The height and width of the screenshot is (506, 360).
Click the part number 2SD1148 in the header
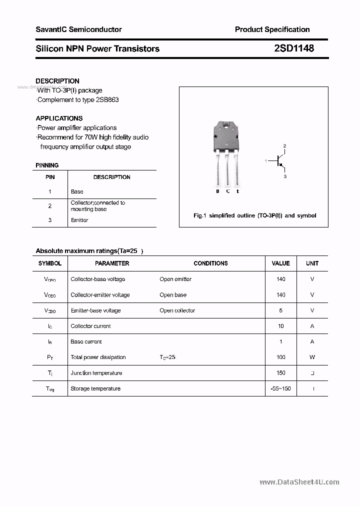pyautogui.click(x=294, y=48)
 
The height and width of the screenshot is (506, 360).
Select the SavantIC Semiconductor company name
pyautogui.click(x=78, y=29)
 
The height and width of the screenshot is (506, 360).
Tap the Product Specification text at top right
pyautogui.click(x=272, y=29)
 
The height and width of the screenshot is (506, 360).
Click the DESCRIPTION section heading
pyautogui.click(x=57, y=81)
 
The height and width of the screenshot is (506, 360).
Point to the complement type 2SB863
pyautogui.click(x=108, y=99)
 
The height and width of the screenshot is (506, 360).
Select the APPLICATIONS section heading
pyautogui.click(x=59, y=118)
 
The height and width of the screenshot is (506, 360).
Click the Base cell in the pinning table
pyautogui.click(x=77, y=191)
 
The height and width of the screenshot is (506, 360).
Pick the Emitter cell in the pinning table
pyautogui.click(x=79, y=220)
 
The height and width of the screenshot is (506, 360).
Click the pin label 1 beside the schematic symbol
pyautogui.click(x=266, y=161)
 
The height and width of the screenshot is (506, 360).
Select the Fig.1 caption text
pyautogui.click(x=254, y=215)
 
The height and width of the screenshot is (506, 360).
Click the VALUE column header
pyautogui.click(x=280, y=263)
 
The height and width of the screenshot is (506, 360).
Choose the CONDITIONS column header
pyautogui.click(x=210, y=263)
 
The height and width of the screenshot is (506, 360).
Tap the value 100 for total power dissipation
pyautogui.click(x=280, y=357)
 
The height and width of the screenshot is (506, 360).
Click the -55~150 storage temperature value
pyautogui.click(x=280, y=388)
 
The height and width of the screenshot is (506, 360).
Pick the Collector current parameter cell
pyautogui.click(x=90, y=326)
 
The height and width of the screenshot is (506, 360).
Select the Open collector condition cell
pyautogui.click(x=177, y=310)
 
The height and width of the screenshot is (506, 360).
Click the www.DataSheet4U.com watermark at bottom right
pyautogui.click(x=299, y=482)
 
